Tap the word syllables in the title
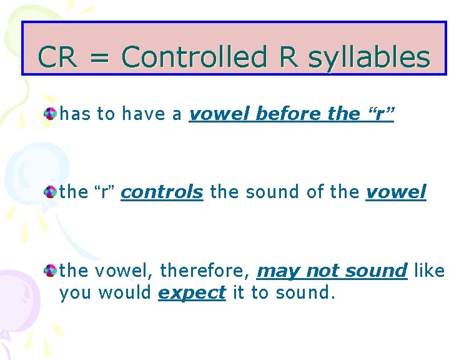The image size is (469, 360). click(369, 58)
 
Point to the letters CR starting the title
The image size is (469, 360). click(58, 57)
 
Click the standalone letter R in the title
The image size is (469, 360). click(289, 57)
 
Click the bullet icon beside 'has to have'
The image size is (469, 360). click(50, 114)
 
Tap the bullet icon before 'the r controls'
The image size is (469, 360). click(50, 192)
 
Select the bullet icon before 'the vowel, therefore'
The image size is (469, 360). click(50, 271)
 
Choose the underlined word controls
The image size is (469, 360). click(162, 192)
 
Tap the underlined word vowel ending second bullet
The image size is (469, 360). click(396, 192)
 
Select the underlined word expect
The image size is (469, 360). click(192, 292)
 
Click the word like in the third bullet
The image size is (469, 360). click(429, 271)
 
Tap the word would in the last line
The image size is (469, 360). click(127, 292)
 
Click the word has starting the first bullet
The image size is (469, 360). click(75, 114)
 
